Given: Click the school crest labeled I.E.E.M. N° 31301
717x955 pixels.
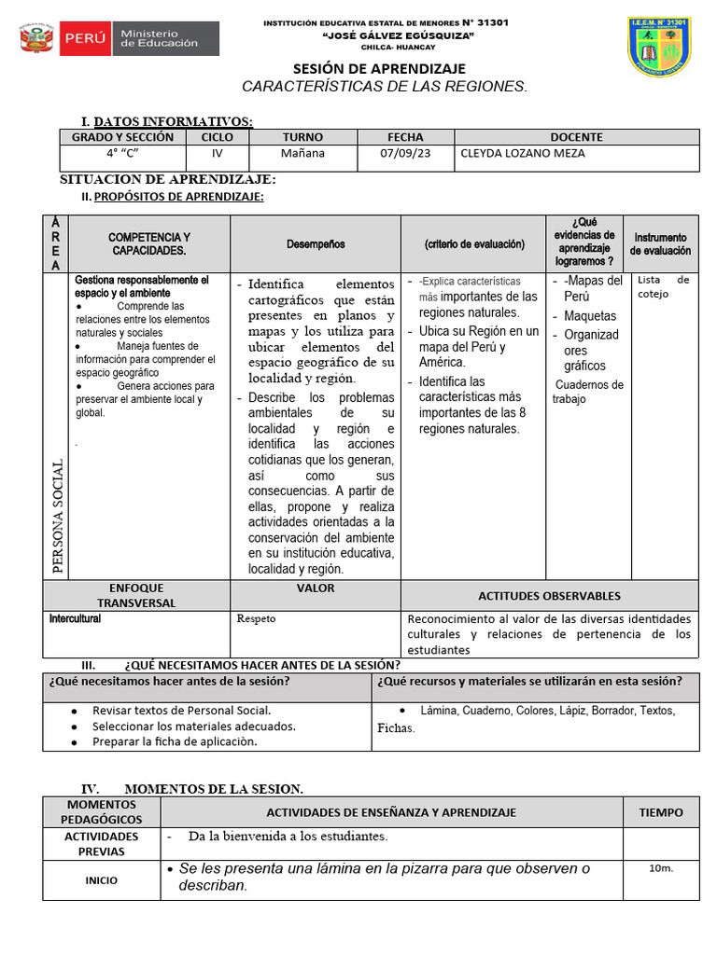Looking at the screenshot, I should [658, 47].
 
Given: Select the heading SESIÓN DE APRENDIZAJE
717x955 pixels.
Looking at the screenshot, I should [379, 69].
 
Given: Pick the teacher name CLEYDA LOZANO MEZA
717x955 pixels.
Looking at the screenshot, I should [523, 153].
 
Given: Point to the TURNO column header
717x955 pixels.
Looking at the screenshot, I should [302, 136].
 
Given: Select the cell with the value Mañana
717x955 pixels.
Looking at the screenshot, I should [302, 153].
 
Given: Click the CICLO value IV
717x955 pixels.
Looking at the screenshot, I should [218, 153].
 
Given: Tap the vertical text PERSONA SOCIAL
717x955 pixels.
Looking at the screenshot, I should [58, 516].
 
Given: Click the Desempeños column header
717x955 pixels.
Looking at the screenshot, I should [316, 244].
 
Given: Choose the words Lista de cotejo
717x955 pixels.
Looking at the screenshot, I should [663, 286].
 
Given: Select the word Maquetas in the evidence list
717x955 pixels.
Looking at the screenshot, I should [590, 316].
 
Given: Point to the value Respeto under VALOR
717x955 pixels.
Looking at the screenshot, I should [257, 618].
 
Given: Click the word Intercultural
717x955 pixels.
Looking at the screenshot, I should [75, 618].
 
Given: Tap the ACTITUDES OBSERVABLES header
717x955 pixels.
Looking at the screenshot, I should [549, 596].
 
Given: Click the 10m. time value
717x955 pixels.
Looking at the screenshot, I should [660, 868].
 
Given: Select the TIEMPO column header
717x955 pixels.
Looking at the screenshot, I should [660, 812].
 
